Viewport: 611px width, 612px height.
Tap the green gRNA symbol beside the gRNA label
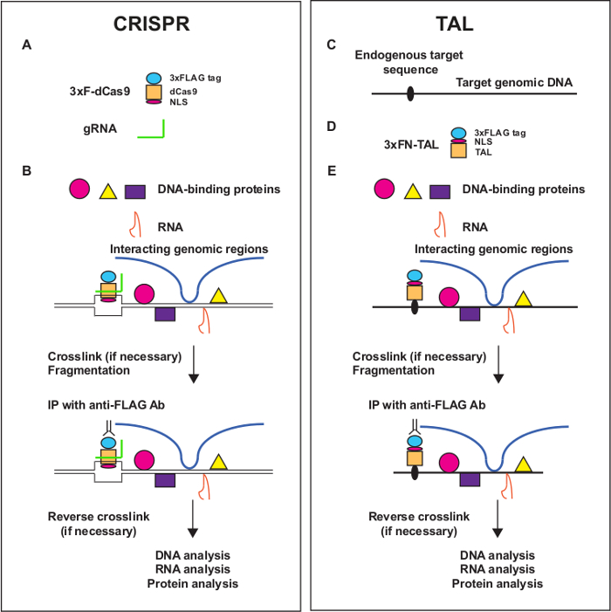(152, 130)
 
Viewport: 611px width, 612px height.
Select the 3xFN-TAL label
(407, 146)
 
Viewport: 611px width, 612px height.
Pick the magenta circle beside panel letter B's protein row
(79, 189)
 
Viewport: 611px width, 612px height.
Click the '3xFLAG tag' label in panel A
(196, 78)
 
